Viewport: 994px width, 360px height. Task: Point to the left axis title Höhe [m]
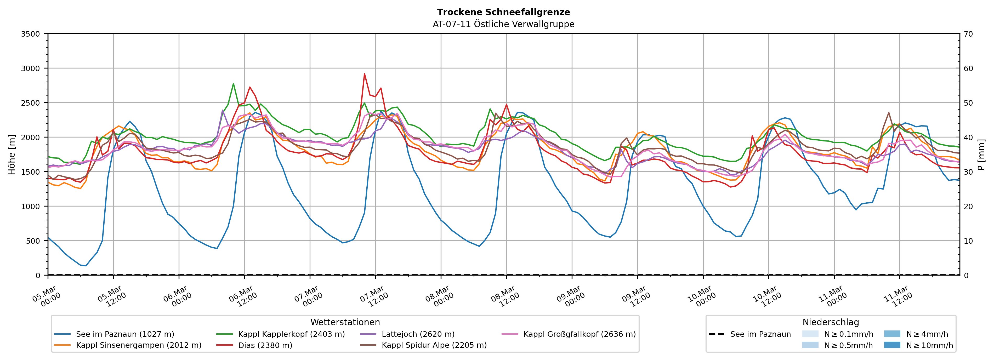point(12,154)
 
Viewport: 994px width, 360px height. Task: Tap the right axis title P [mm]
point(981,154)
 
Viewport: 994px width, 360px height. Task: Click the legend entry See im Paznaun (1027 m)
point(125,334)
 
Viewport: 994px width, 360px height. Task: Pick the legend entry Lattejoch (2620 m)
point(418,334)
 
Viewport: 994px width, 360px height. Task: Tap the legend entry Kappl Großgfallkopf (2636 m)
point(579,334)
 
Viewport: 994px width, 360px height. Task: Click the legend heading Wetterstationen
point(345,322)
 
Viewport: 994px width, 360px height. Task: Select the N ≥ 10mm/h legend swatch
point(892,345)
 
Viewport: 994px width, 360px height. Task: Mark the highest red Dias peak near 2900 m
point(364,74)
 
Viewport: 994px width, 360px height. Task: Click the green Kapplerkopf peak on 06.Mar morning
point(233,83)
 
